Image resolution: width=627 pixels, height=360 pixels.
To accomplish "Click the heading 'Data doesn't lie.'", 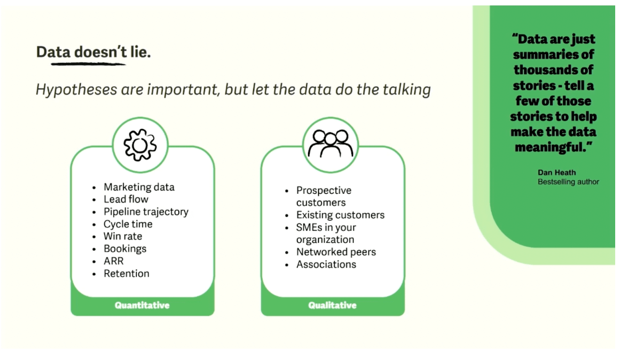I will (94, 52).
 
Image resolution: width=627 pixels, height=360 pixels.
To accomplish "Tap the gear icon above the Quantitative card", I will (140, 145).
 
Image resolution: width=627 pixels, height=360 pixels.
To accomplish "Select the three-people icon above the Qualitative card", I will (330, 144).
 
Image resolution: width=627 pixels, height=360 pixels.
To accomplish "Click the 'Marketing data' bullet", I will (139, 187).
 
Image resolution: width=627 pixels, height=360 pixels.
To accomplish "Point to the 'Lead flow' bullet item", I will (125, 199).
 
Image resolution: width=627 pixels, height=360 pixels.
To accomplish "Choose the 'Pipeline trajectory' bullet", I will (146, 211).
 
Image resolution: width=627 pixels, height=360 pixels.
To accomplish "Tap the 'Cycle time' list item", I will (128, 224).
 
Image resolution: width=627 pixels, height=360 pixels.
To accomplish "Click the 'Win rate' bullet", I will (123, 236).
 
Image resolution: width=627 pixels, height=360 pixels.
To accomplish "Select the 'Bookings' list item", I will (125, 248).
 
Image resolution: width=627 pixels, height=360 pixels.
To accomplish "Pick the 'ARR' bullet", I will (114, 261).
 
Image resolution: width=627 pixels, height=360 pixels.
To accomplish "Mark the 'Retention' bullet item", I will (126, 273).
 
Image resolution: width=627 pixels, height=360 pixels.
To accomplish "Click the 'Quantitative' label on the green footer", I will (142, 305).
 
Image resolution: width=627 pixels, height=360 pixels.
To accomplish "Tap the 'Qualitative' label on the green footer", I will (332, 305).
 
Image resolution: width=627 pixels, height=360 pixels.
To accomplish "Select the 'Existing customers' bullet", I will (340, 215).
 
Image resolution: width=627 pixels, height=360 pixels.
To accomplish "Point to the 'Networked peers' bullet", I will (336, 252).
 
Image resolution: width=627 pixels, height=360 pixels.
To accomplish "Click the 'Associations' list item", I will (326, 264).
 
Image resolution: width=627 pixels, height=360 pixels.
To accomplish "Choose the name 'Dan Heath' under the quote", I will (557, 172).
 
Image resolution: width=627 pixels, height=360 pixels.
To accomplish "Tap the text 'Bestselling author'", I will (568, 181).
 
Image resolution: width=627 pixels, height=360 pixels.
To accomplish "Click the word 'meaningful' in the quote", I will (550, 148).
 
